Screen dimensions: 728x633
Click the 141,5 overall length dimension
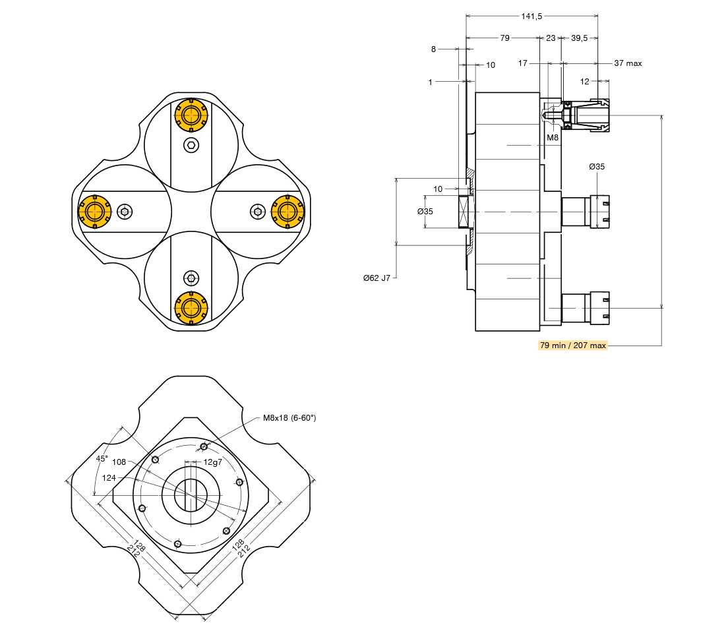[x=531, y=16]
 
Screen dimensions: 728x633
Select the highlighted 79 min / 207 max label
[x=573, y=345]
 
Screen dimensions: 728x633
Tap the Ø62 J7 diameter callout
[x=377, y=278]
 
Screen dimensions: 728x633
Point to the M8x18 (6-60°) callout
[x=289, y=417]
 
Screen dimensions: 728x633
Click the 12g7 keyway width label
[x=212, y=462]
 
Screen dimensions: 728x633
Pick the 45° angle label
[x=102, y=458]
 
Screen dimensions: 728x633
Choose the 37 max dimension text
[x=628, y=63]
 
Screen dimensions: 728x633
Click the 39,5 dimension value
[x=579, y=38]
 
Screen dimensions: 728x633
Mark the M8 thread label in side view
[x=553, y=137]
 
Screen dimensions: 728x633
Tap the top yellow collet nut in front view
[x=191, y=115]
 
